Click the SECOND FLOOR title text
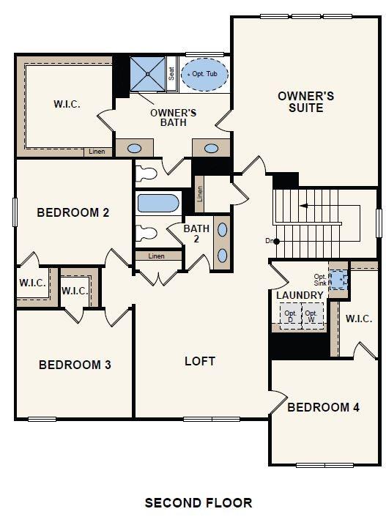198,503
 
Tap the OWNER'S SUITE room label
306,102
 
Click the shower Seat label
171,74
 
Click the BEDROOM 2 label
73,213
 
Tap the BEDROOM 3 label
75,365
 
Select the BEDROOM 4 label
323,407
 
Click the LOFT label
200,361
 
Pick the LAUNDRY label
300,295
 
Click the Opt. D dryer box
290,317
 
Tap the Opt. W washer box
313,317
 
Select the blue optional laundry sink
339,279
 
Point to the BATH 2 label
196,234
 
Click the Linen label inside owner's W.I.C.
97,152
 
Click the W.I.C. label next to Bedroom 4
359,319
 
